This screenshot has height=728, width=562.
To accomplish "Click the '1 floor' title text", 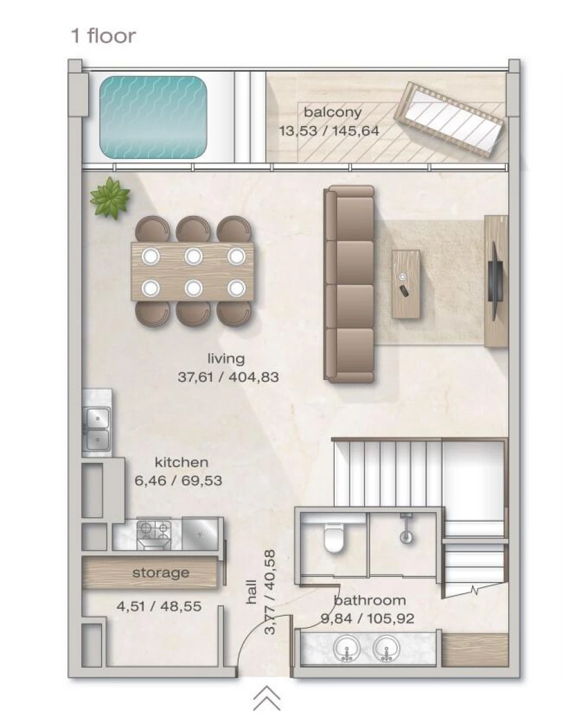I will tap(103, 36).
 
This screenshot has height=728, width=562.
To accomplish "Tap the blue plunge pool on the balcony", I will tap(153, 117).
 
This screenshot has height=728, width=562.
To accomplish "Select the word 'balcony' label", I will tap(332, 112).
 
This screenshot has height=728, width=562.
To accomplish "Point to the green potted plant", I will tap(110, 198).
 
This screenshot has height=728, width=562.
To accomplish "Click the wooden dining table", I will tap(192, 271).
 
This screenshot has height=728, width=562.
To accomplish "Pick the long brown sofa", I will tap(350, 284).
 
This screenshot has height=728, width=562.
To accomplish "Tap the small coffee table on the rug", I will tap(406, 284).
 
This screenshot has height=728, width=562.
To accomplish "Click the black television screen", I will tap(494, 281).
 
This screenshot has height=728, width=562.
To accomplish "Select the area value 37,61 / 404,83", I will tap(228, 377).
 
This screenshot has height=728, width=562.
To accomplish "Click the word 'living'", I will tap(226, 359).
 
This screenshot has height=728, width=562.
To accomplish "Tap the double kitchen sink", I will tap(97, 429).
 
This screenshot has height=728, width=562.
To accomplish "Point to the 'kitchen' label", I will tap(181, 462).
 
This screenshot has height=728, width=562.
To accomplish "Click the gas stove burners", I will tap(154, 531).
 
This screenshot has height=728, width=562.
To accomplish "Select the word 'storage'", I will tap(160, 573).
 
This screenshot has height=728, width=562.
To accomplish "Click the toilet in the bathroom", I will tap(333, 538).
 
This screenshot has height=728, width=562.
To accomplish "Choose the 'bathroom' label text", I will tap(370, 601).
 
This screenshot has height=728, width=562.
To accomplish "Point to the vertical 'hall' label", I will tap(252, 591).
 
